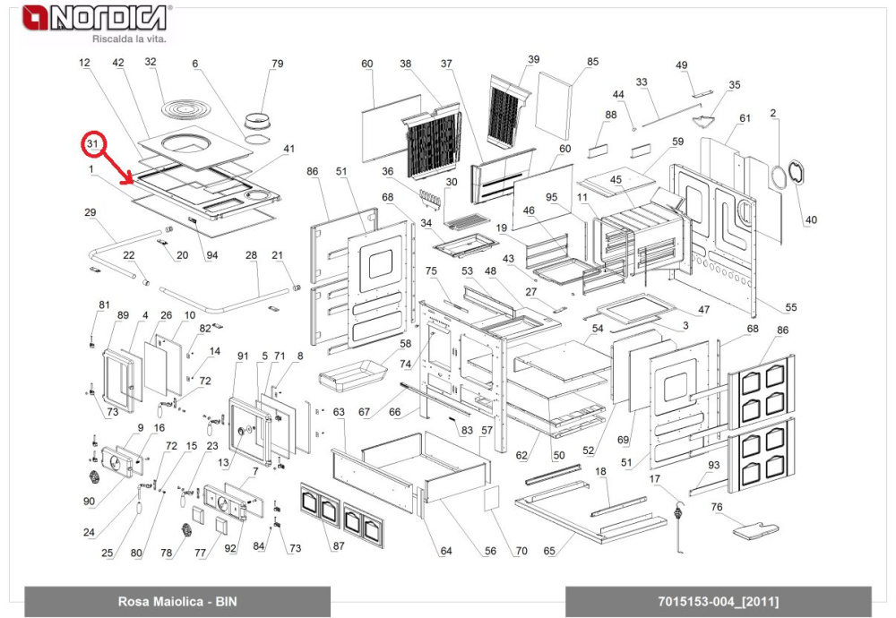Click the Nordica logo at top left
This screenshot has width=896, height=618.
point(94,17)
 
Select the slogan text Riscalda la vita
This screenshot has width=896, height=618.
point(130,39)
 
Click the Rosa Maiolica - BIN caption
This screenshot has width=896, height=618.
point(177,601)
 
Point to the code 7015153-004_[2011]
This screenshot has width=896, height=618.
point(718,601)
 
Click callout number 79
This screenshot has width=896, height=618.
point(277,63)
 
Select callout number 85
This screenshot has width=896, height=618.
point(592,62)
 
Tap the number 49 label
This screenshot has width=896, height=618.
point(681,65)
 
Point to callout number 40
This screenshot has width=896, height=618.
point(812,219)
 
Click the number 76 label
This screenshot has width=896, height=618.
point(717,508)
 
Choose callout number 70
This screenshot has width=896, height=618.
point(521,551)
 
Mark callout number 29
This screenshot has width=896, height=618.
point(90,212)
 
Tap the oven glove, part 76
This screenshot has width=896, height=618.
point(758,529)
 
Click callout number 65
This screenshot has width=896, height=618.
point(550,551)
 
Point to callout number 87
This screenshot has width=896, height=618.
point(338,546)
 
